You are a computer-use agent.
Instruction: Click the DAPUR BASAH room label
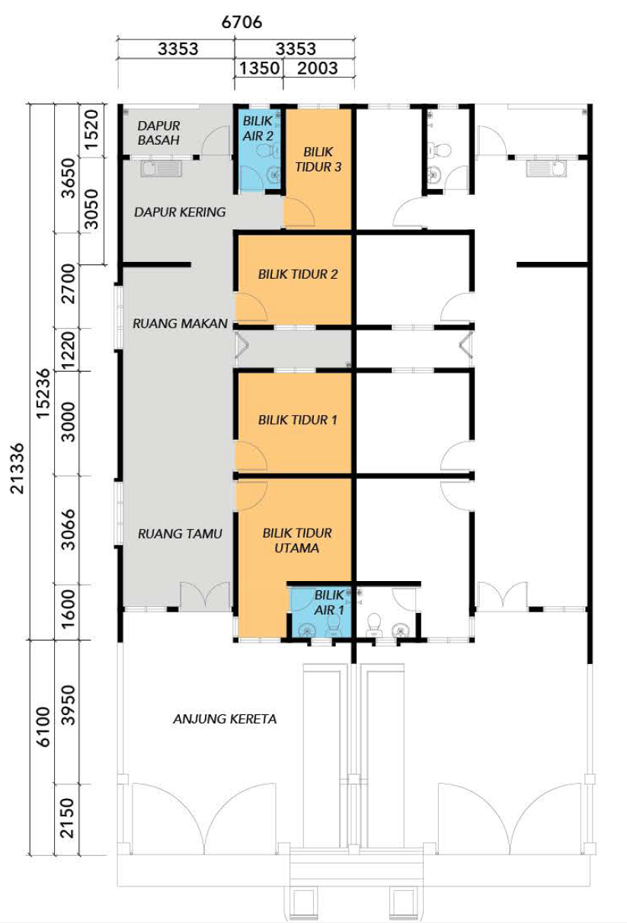158,133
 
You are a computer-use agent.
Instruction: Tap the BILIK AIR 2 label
258,128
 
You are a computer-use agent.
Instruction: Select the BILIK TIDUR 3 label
318,159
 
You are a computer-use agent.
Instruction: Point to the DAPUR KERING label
180,212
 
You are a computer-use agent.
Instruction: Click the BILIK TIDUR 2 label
298,274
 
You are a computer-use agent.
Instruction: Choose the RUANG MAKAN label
180,324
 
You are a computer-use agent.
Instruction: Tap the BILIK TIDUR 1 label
298,420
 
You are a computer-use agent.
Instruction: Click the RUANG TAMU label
180,534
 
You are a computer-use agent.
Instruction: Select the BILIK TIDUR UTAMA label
297,540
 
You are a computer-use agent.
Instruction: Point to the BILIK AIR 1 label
329,602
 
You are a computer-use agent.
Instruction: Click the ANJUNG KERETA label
225,719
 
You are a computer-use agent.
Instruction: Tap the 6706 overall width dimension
242,22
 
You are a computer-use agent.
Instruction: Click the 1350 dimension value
259,68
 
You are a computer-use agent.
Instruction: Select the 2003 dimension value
318,68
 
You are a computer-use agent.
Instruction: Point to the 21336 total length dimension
18,468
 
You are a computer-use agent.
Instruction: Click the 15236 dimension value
43,394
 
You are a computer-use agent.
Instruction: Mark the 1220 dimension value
68,350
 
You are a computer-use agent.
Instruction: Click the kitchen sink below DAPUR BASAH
162,169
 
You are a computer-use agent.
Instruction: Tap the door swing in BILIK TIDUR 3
299,212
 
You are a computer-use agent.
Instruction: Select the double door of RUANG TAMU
205,595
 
